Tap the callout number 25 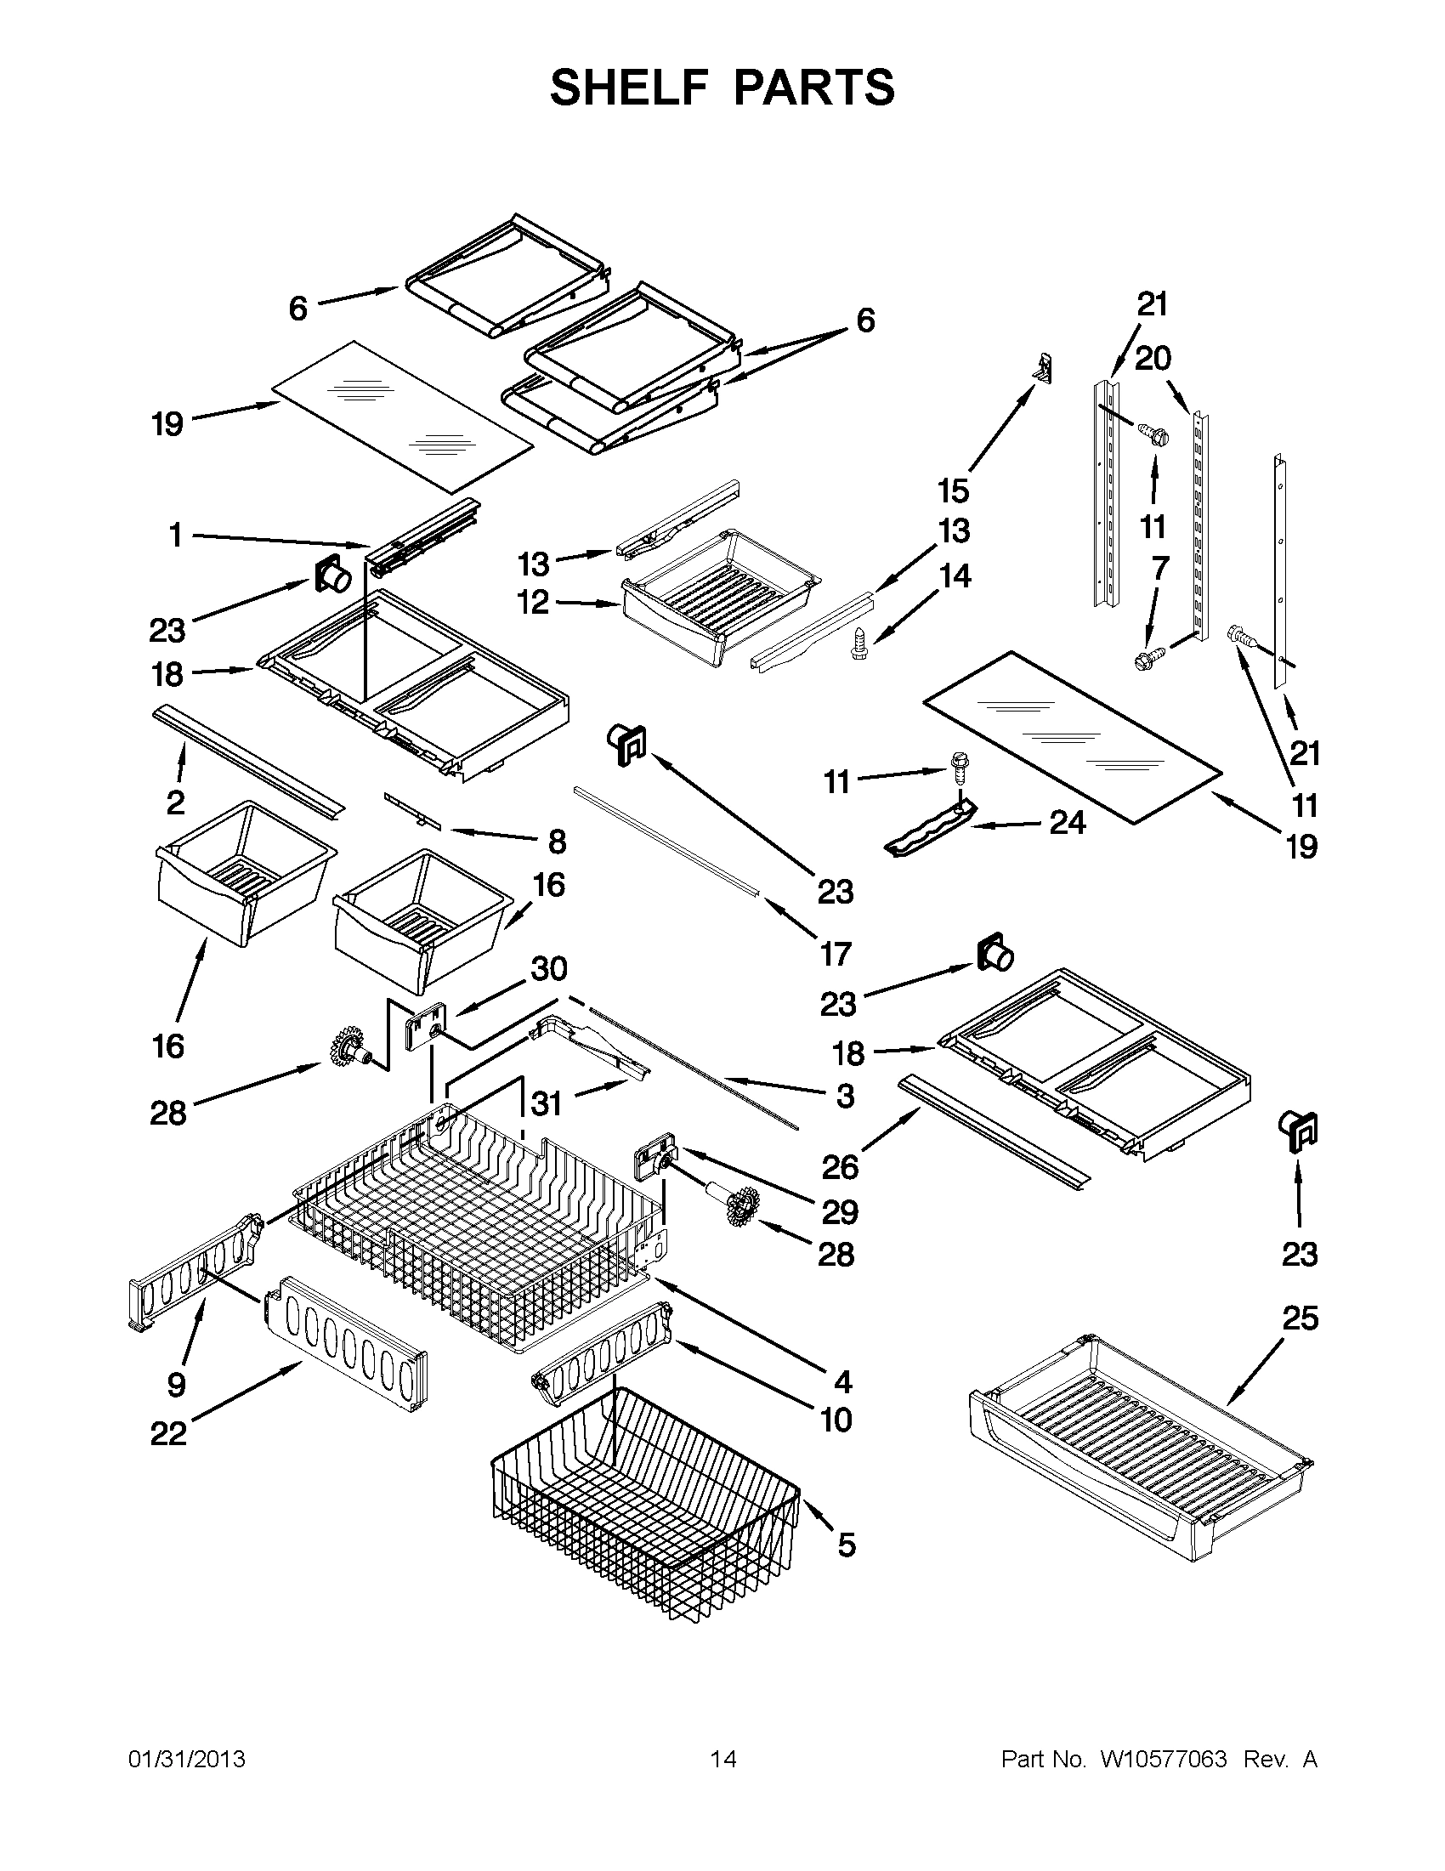click(1300, 1318)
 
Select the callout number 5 click(847, 1545)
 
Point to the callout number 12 click(533, 602)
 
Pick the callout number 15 click(954, 490)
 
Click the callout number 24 click(1068, 823)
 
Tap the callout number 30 click(549, 969)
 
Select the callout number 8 click(557, 842)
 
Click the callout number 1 click(176, 536)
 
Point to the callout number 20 click(1153, 358)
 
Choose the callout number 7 click(1159, 568)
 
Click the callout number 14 click(955, 575)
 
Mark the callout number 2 click(176, 802)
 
